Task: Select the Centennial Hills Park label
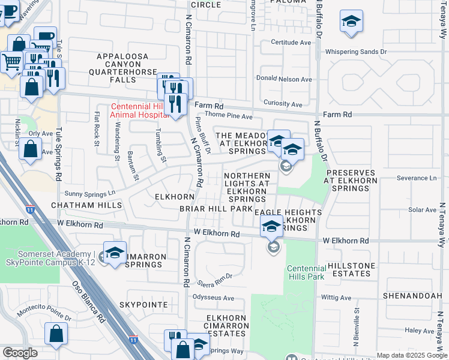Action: coord(306,272)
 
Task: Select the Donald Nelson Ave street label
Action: coord(284,79)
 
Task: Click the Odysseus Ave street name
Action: coord(213,298)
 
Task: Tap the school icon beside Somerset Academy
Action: coord(115,253)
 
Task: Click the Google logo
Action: coord(20,353)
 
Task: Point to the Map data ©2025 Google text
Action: coord(412,356)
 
